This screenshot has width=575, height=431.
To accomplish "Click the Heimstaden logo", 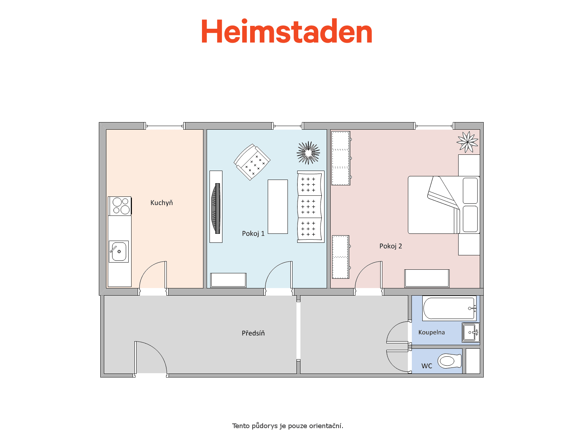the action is (286, 31).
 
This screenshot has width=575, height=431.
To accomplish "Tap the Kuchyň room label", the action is (161, 203).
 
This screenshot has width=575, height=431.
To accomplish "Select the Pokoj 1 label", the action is (253, 233).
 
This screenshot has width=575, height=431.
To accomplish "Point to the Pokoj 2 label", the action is (391, 246).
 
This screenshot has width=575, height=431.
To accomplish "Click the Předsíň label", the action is (253, 333).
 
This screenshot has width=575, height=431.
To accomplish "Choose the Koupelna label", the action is (432, 332).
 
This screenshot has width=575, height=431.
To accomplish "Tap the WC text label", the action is (427, 366).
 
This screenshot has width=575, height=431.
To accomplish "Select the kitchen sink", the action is (119, 251).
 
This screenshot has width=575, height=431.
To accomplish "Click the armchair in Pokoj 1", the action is (252, 162).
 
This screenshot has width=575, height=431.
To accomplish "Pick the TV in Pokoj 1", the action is (216, 208).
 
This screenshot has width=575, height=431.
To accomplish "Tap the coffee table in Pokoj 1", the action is (278, 207).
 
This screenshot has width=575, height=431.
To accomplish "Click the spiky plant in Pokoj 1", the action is (308, 153).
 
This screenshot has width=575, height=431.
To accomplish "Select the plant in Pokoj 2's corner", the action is (468, 142).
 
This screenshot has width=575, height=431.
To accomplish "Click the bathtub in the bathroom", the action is (450, 309).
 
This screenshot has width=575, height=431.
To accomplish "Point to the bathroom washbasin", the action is (471, 332).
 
